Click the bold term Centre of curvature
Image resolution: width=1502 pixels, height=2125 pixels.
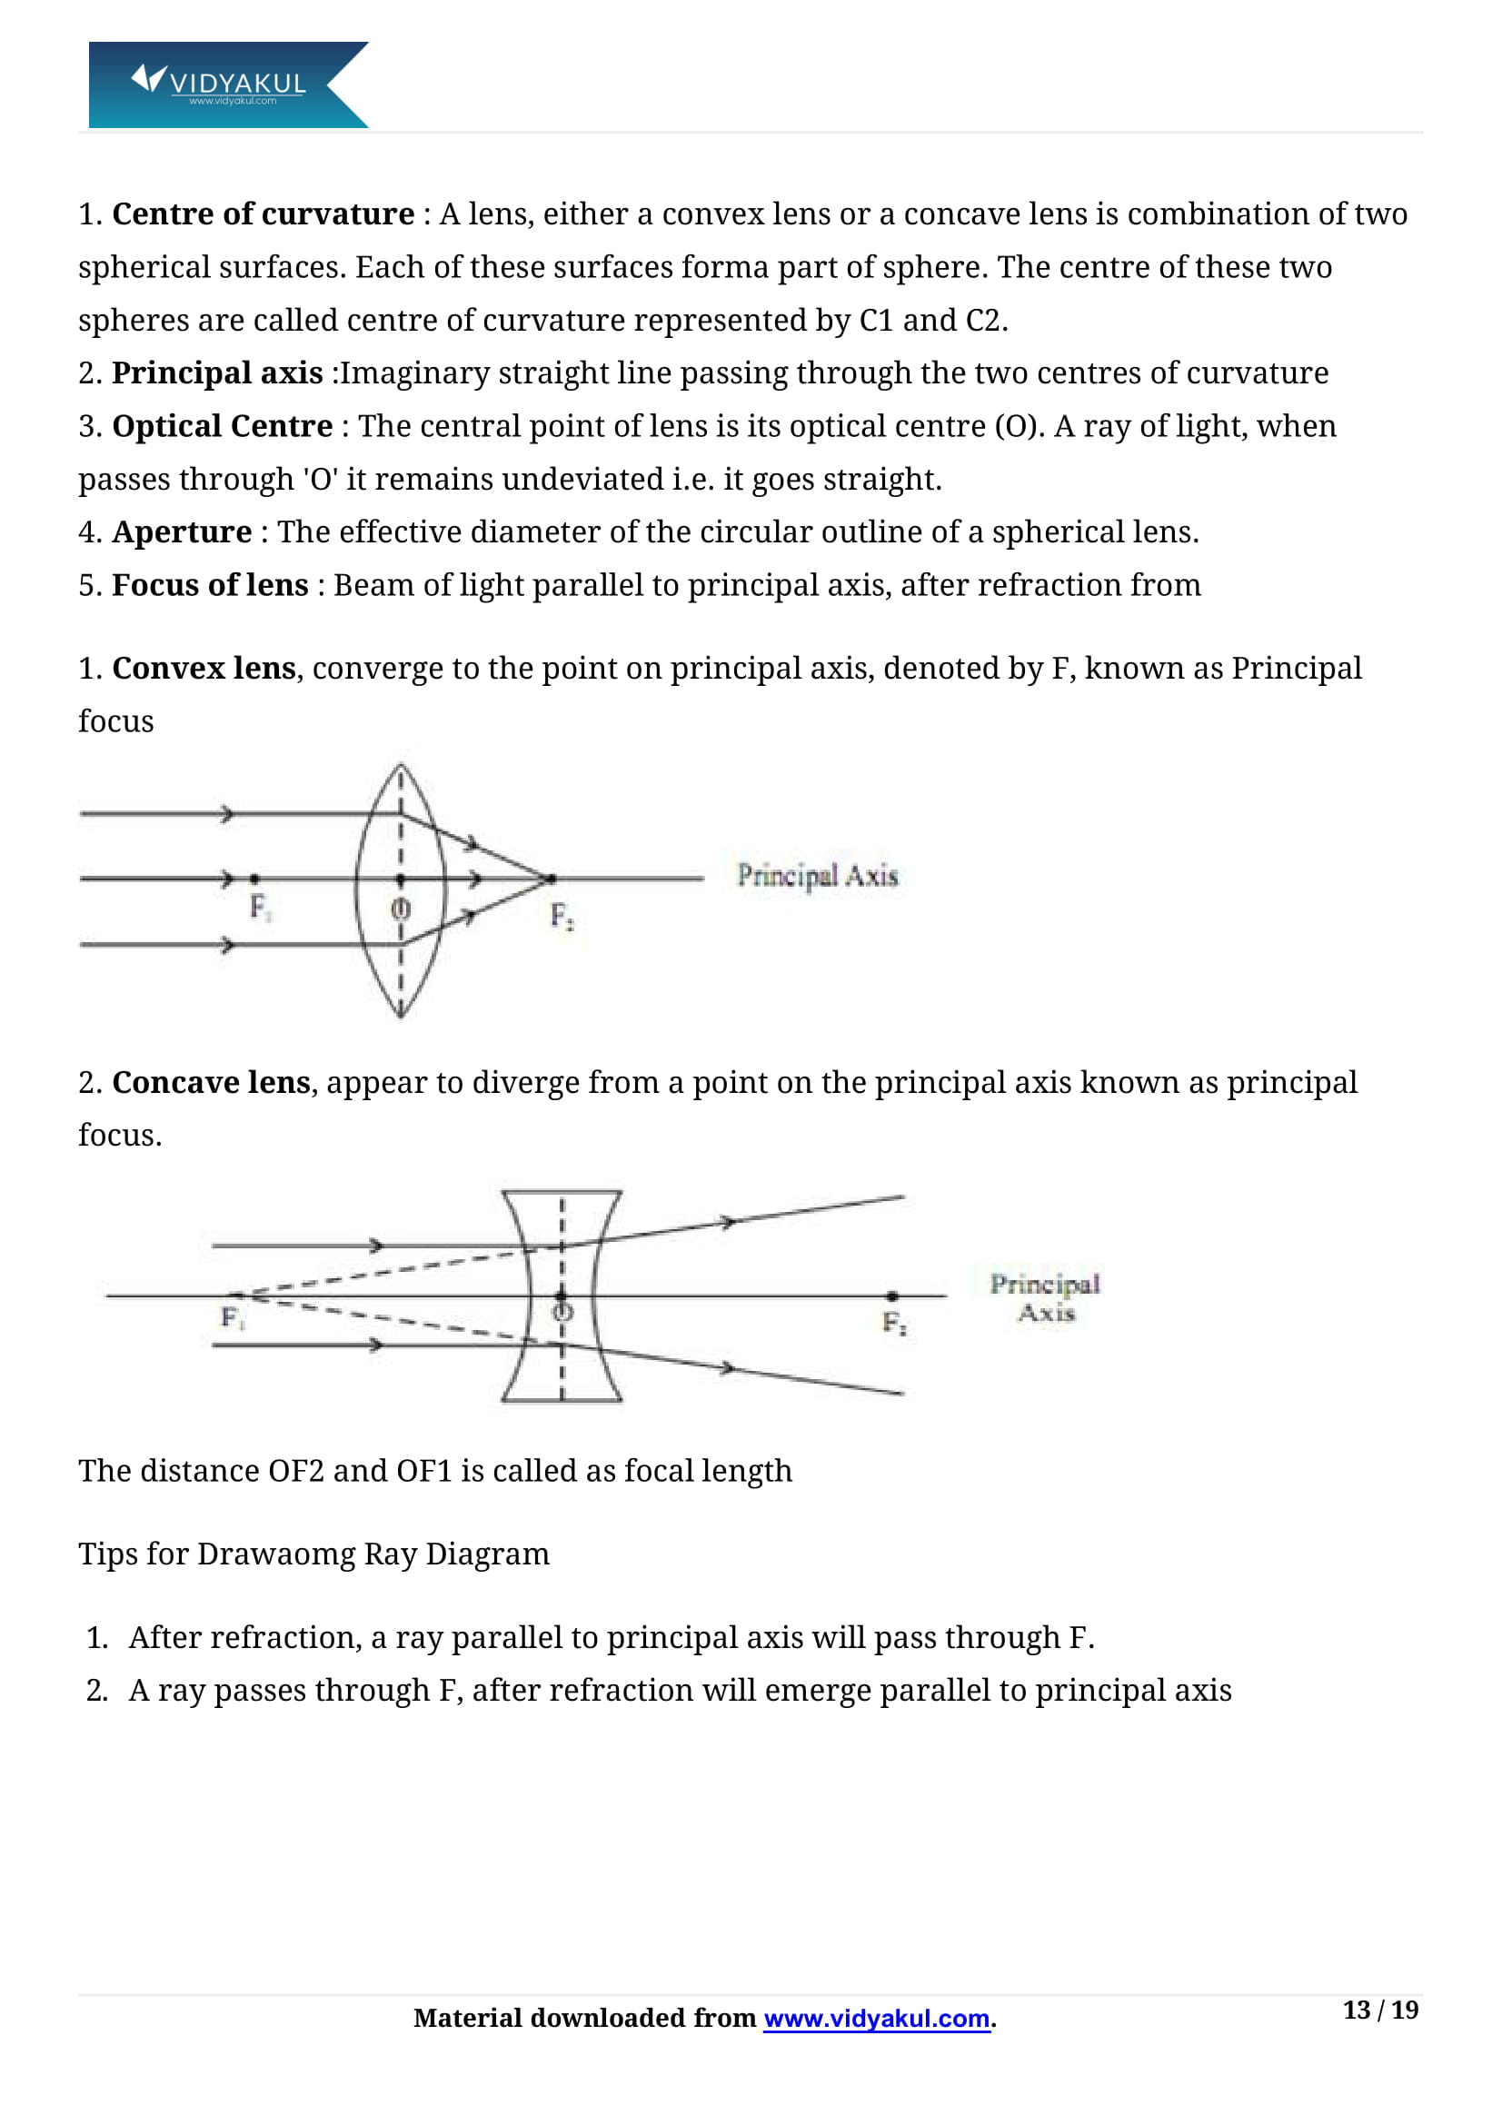click(263, 213)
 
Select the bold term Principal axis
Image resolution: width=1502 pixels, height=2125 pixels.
click(217, 373)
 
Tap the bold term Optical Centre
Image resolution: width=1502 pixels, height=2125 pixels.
click(222, 426)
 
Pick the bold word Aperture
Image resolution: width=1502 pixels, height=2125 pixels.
click(182, 532)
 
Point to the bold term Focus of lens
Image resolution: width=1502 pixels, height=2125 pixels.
click(210, 585)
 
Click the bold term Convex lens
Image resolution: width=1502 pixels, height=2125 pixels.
click(204, 669)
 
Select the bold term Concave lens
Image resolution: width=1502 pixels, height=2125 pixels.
click(211, 1082)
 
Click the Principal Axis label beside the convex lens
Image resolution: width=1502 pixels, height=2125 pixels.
click(817, 876)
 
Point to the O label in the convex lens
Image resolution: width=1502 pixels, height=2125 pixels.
click(400, 909)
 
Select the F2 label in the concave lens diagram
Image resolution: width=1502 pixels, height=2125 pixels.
click(894, 1323)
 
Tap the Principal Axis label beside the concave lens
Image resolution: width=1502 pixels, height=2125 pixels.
click(1045, 1297)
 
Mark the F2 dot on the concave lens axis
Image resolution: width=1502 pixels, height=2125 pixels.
click(892, 1296)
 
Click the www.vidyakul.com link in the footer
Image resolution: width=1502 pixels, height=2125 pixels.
click(877, 2018)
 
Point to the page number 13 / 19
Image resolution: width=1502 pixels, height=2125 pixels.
click(1380, 2010)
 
